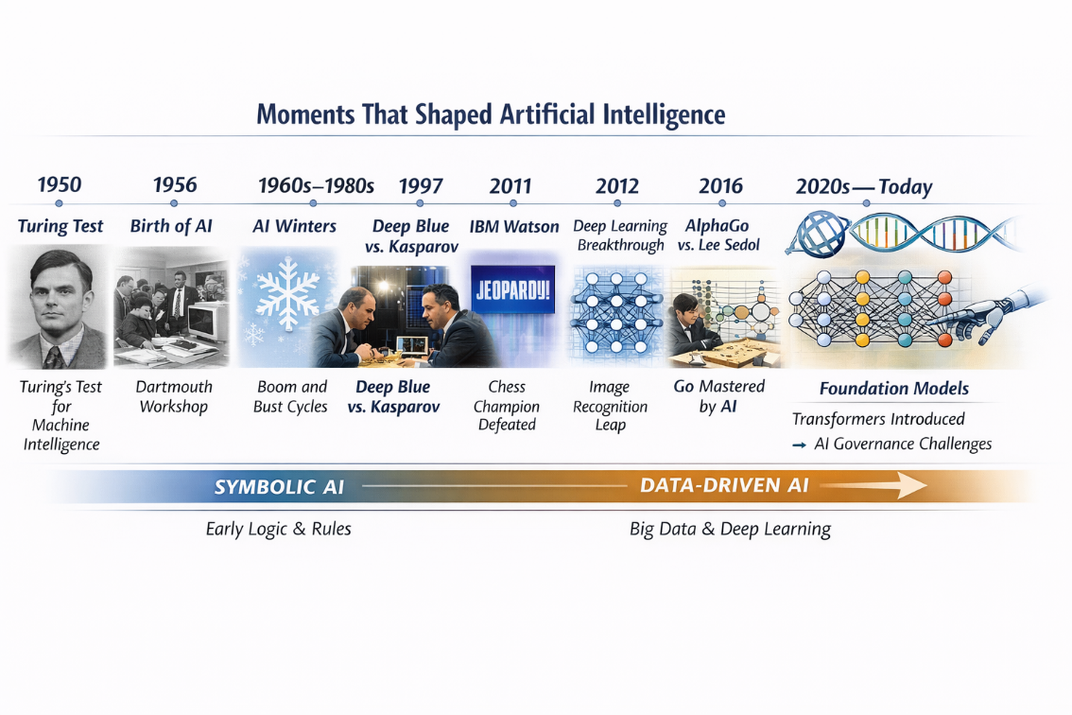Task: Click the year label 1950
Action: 59,184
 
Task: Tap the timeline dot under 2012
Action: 617,203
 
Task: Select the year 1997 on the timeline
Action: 421,185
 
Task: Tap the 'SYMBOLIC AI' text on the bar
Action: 279,487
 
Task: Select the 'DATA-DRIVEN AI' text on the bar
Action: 724,485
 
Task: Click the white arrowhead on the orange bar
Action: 913,486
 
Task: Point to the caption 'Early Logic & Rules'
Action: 278,529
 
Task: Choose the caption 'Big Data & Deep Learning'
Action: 730,529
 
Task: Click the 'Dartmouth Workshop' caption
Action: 174,396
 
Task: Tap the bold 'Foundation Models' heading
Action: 893,389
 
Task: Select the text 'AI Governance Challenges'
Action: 903,444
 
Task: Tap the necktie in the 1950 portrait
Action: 57,356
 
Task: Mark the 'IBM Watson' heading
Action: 514,227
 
